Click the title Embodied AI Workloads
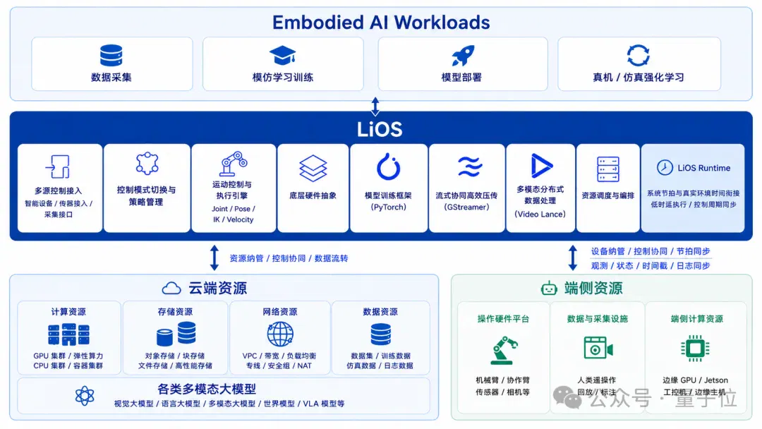point(380,23)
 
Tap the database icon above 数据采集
point(111,55)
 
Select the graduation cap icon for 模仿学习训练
point(282,55)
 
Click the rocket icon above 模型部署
point(463,55)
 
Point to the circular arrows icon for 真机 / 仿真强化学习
point(638,55)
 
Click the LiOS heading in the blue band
point(380,129)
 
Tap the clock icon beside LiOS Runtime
point(665,168)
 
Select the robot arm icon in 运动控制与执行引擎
point(234,164)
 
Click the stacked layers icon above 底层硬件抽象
point(313,168)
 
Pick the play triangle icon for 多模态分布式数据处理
point(541,166)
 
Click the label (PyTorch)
point(388,207)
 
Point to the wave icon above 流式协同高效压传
point(470,167)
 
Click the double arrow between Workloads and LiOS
point(375,106)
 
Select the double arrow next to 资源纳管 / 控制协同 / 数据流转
point(214,258)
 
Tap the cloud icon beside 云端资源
point(171,288)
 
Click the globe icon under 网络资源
point(280,334)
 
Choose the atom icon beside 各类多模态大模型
point(85,395)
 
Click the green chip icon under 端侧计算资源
point(696,349)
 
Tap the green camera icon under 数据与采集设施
point(598,348)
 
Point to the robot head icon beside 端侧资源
point(549,288)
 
